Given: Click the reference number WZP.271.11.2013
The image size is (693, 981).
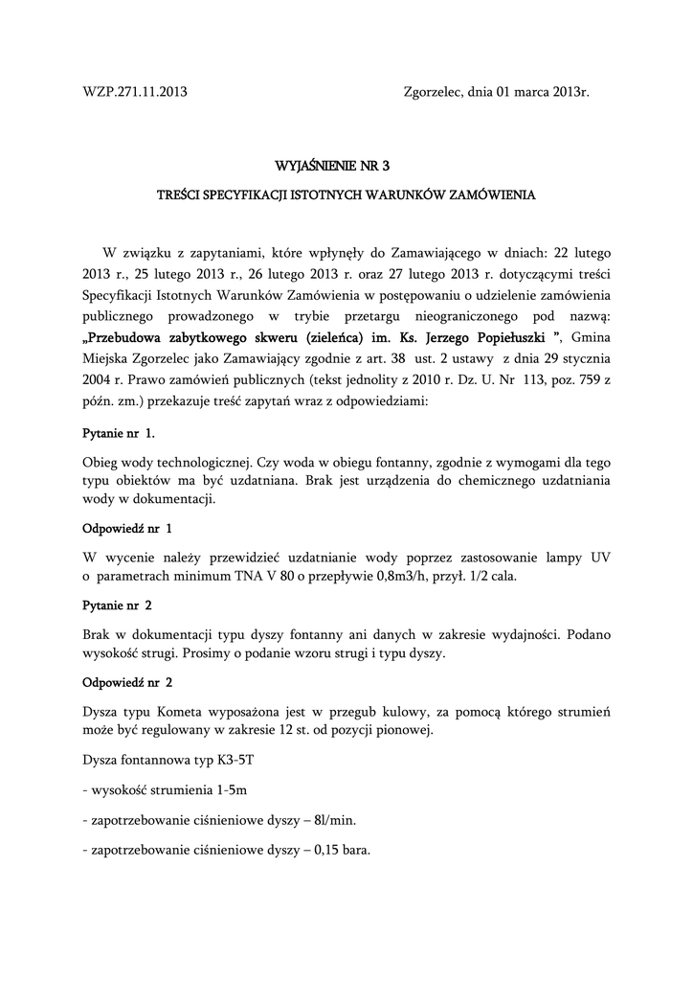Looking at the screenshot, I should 134,93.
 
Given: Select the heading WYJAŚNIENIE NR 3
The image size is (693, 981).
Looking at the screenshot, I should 346,167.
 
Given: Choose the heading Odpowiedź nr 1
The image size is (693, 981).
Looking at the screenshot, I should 128,528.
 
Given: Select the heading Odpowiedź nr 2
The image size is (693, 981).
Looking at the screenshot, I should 128,684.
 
